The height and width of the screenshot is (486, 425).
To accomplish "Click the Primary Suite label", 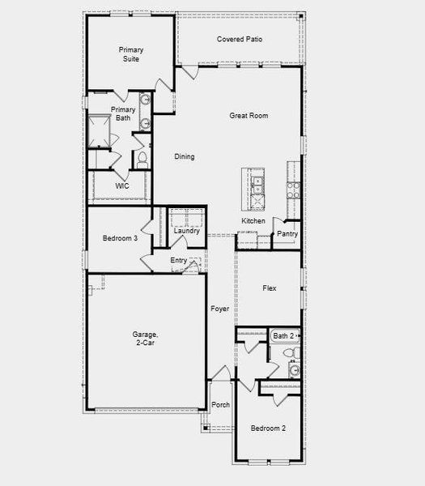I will point(130,55).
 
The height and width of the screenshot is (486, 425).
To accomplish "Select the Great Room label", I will point(248,116).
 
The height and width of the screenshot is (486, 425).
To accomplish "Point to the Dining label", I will point(185,157).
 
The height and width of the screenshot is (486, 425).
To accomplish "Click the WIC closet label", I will point(122,185).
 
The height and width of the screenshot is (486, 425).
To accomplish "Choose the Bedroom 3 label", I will point(120,238).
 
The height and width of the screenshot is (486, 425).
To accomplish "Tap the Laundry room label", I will point(187,232).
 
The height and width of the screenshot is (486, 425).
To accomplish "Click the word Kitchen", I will point(253,221).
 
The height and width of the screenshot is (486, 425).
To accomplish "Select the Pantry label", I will point(287,234).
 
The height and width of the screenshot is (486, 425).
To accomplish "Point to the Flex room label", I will point(270,288).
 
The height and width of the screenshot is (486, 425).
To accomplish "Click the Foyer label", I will point(220,309).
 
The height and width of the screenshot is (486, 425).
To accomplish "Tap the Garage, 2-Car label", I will point(146,339).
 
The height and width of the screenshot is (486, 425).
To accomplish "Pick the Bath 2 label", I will point(283,335).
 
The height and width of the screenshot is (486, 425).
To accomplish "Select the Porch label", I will point(220,405).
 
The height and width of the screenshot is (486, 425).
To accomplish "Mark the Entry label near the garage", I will point(179,260).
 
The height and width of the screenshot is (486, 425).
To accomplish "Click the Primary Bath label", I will point(123,113).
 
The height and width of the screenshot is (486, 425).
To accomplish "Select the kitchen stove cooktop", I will point(293,190).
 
